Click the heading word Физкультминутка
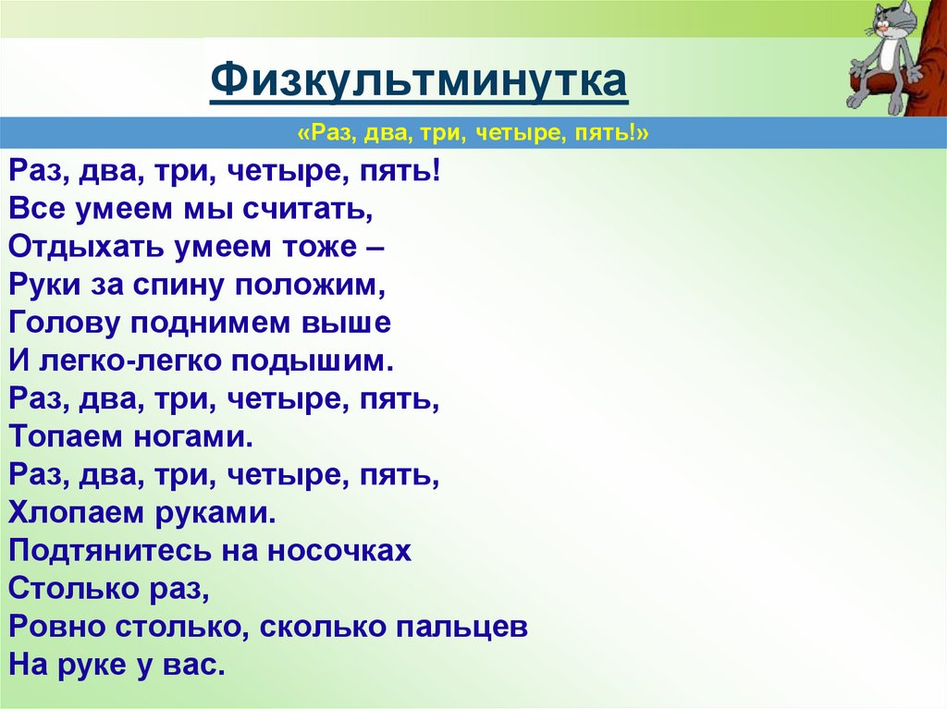419,81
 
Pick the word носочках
338,552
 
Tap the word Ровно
57,628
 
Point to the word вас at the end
197,666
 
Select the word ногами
191,437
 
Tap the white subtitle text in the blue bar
473,135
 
